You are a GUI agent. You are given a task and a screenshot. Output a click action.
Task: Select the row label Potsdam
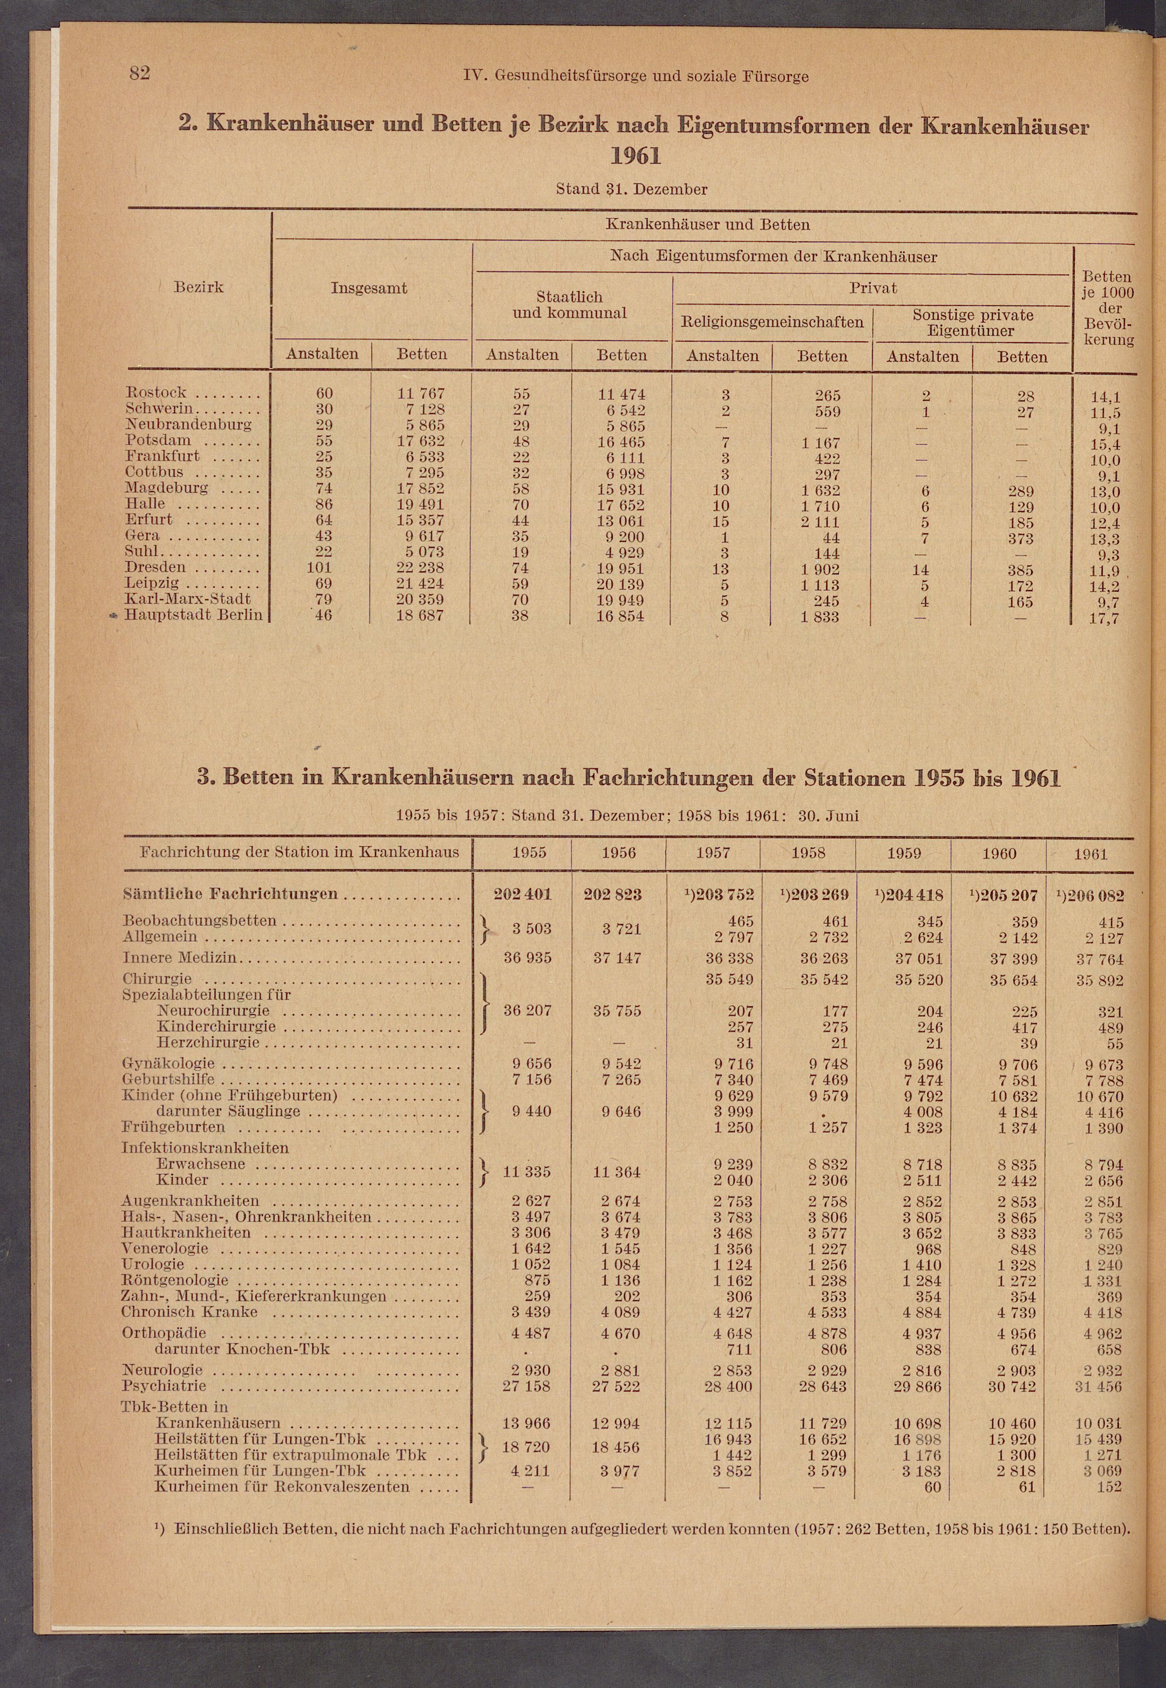click(158, 440)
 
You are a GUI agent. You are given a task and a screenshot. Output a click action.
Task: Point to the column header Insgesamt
click(369, 288)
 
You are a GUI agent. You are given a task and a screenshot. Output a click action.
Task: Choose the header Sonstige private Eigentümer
click(972, 323)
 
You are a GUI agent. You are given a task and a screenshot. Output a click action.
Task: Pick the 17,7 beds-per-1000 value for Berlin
click(1105, 619)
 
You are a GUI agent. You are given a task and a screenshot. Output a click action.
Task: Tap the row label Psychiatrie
click(165, 1386)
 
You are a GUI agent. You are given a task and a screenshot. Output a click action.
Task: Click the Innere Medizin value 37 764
click(1100, 959)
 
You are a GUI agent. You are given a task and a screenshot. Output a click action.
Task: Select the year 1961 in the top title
click(635, 156)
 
